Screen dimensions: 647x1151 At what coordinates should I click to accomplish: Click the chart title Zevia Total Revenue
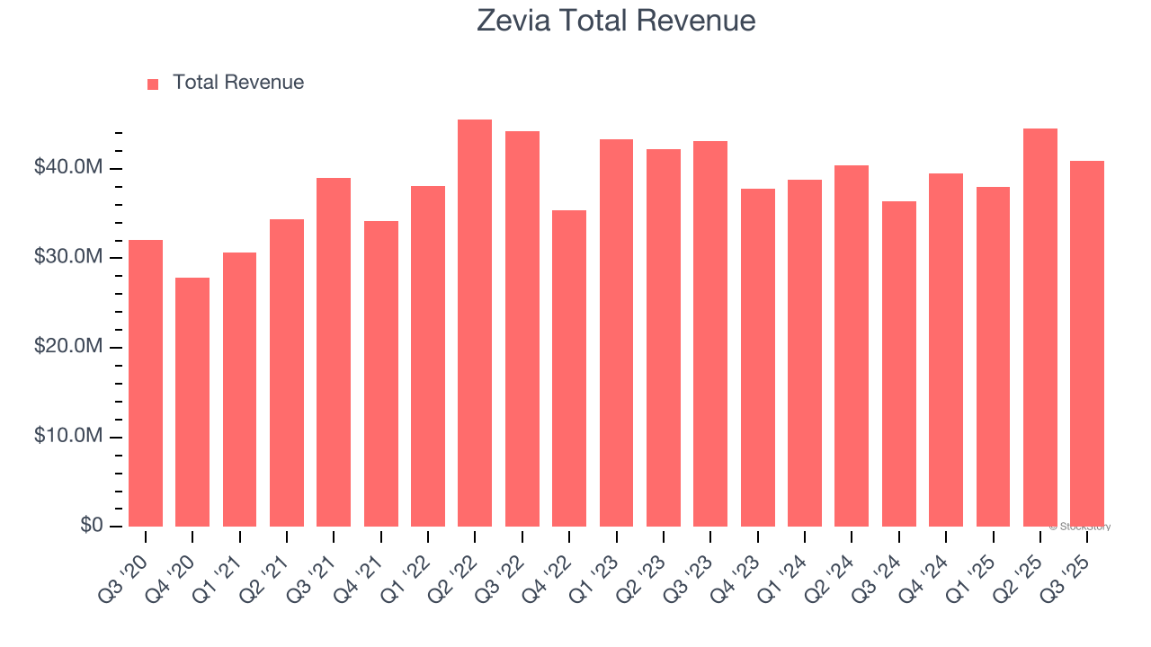click(616, 21)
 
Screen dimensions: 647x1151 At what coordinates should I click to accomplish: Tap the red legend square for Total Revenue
click(153, 84)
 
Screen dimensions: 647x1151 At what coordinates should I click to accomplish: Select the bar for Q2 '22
click(475, 323)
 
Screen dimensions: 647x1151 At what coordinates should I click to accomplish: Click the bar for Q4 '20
click(192, 402)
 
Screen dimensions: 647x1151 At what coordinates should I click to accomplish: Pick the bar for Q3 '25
click(1087, 343)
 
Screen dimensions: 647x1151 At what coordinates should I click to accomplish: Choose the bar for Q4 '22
click(569, 368)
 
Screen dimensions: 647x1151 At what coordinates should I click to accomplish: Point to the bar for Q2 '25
click(1040, 327)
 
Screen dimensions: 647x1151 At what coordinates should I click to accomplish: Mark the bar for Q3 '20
click(146, 383)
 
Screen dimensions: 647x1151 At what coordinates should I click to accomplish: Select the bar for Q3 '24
click(899, 364)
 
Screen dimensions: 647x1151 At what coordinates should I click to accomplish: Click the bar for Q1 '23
click(616, 332)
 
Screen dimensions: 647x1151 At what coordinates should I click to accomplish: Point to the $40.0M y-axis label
click(68, 168)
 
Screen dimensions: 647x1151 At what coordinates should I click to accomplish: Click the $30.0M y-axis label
click(68, 258)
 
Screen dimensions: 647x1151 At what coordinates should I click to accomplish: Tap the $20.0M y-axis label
click(68, 347)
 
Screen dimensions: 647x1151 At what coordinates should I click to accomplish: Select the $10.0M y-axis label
click(68, 437)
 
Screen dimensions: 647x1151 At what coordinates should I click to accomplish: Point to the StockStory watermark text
click(1080, 527)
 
